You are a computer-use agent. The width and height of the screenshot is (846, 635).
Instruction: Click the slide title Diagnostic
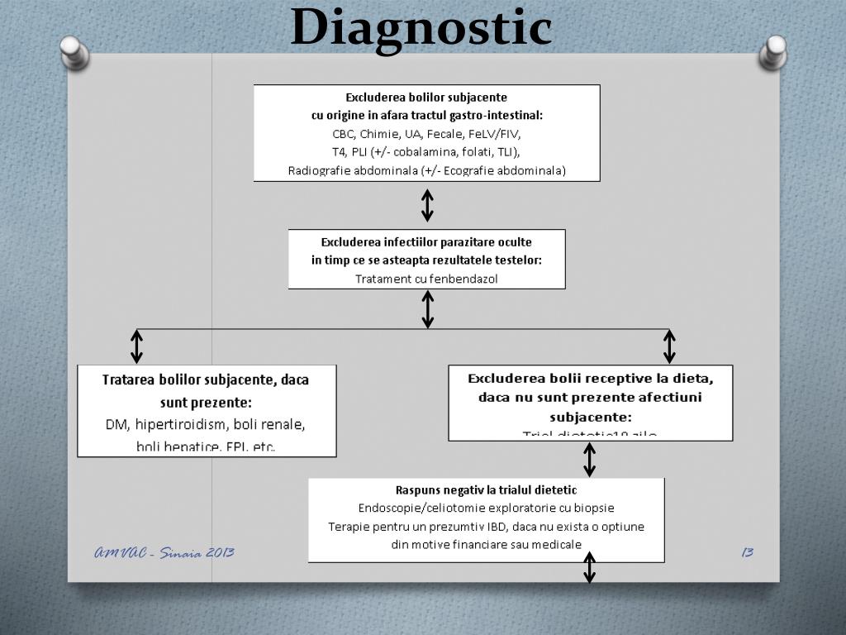coord(421,26)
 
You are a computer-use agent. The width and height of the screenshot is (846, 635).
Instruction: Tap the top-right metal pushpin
coord(772,54)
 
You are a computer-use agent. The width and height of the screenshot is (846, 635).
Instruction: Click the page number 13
coord(747,552)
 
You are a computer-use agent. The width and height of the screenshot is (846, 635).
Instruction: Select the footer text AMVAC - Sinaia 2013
coord(164,552)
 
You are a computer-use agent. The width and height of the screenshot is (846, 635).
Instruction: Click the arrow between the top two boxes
coord(427,205)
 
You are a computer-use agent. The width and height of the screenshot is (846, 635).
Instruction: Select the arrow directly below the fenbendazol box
coord(427,309)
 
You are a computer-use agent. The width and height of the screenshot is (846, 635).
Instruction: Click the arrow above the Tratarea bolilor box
coord(137,346)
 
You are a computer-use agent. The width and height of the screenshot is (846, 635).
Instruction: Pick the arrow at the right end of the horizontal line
coord(669,346)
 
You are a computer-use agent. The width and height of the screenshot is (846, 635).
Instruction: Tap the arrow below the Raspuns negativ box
coord(589,569)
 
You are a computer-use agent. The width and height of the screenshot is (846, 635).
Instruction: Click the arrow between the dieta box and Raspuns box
coord(589,459)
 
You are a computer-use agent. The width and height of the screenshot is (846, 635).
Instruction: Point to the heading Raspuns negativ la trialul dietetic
coord(486,490)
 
